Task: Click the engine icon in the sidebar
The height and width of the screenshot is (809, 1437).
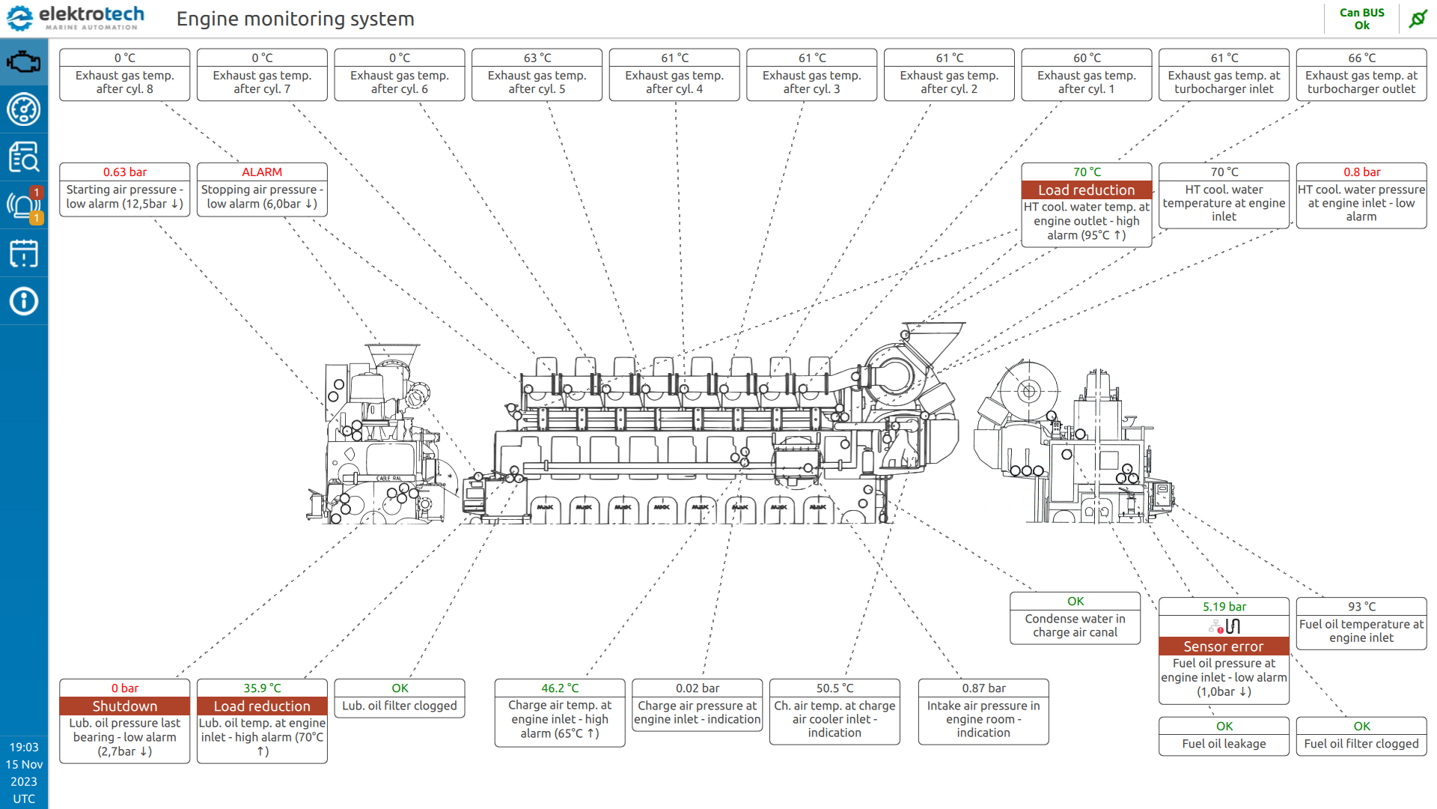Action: point(24,61)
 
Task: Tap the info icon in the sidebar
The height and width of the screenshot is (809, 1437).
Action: point(24,301)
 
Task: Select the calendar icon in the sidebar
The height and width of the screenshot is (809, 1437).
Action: point(24,253)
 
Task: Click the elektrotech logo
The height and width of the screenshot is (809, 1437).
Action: point(75,18)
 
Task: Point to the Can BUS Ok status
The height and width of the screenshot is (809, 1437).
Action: point(1361,19)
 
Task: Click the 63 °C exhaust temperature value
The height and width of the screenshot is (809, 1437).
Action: point(537,58)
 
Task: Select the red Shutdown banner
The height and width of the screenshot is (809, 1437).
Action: point(125,706)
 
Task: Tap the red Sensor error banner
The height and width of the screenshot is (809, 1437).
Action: point(1224,646)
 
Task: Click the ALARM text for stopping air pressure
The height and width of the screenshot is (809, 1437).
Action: point(262,172)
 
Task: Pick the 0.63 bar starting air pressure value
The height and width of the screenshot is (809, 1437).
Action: point(125,172)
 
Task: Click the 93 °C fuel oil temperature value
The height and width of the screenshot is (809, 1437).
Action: point(1361,607)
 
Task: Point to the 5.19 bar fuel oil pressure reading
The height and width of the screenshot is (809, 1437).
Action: point(1224,607)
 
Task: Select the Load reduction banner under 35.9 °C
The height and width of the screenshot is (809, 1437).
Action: point(262,706)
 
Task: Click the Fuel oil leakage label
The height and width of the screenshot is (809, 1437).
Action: point(1224,744)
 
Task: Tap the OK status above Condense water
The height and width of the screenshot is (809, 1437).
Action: point(1075,602)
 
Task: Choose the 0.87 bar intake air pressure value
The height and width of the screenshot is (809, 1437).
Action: point(983,688)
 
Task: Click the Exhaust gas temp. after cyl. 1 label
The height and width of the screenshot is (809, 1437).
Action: point(1086,82)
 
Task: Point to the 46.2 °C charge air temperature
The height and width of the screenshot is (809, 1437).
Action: point(560,688)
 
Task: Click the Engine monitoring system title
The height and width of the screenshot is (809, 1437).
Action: point(295,19)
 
